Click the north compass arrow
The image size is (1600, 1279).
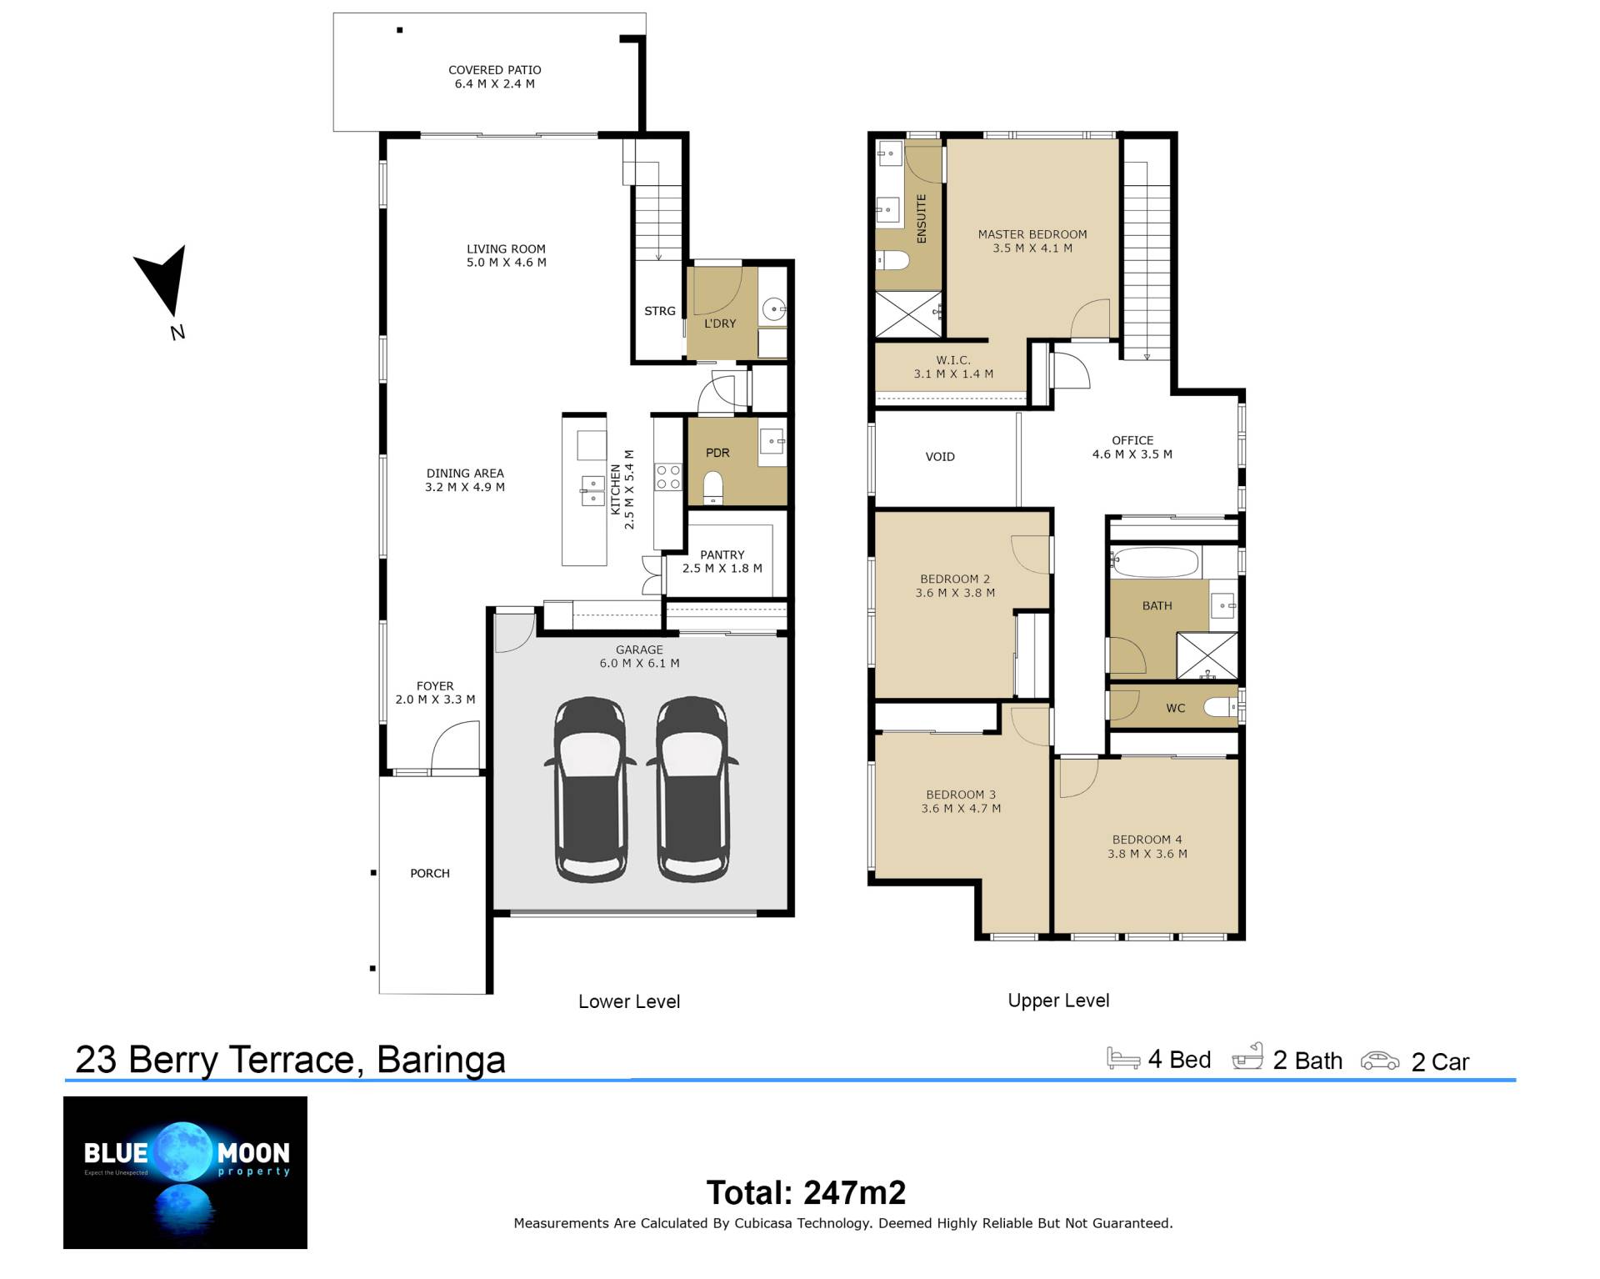click(163, 281)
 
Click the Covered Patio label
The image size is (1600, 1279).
click(495, 77)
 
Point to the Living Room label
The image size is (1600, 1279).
click(506, 255)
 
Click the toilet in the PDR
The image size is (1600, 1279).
click(713, 488)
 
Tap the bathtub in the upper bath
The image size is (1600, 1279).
click(1155, 563)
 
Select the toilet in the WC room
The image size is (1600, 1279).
click(1223, 708)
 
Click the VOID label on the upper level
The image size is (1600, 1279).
click(940, 457)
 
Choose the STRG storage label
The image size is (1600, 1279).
click(660, 311)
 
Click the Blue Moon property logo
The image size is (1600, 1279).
click(185, 1172)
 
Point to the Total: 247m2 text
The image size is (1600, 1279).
click(806, 1193)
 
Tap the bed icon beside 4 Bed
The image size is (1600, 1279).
click(1123, 1058)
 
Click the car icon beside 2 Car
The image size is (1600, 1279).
click(1380, 1061)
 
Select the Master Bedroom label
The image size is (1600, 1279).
click(1032, 241)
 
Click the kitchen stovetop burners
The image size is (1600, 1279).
click(668, 477)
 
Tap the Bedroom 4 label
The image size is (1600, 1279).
click(1147, 846)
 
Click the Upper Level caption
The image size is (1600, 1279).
click(1058, 1001)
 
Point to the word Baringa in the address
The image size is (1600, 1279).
click(441, 1060)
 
